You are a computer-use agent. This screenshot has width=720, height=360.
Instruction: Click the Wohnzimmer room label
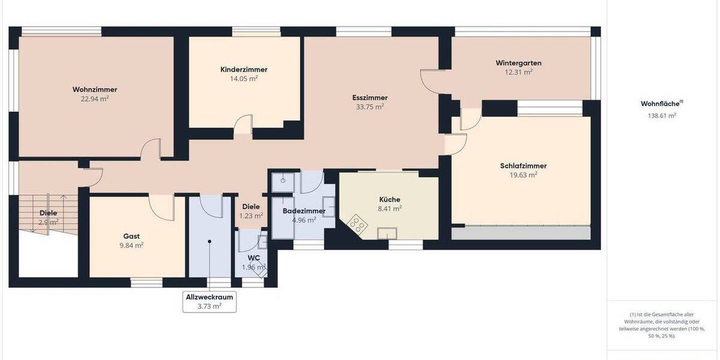(95, 89)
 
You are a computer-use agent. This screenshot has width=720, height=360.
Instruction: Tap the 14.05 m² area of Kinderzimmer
(244, 79)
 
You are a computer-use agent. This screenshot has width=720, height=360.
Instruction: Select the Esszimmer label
(370, 97)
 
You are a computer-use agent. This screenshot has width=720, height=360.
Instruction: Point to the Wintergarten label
(518, 62)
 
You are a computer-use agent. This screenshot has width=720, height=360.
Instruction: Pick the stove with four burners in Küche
(358, 224)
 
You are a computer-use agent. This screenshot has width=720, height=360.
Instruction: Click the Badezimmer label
(304, 211)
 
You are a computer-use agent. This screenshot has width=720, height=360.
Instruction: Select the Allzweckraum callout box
(209, 301)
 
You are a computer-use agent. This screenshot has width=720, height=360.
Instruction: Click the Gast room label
(131, 236)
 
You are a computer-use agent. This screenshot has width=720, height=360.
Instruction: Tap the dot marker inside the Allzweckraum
(209, 241)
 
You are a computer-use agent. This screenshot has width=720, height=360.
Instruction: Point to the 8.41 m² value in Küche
(389, 209)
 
